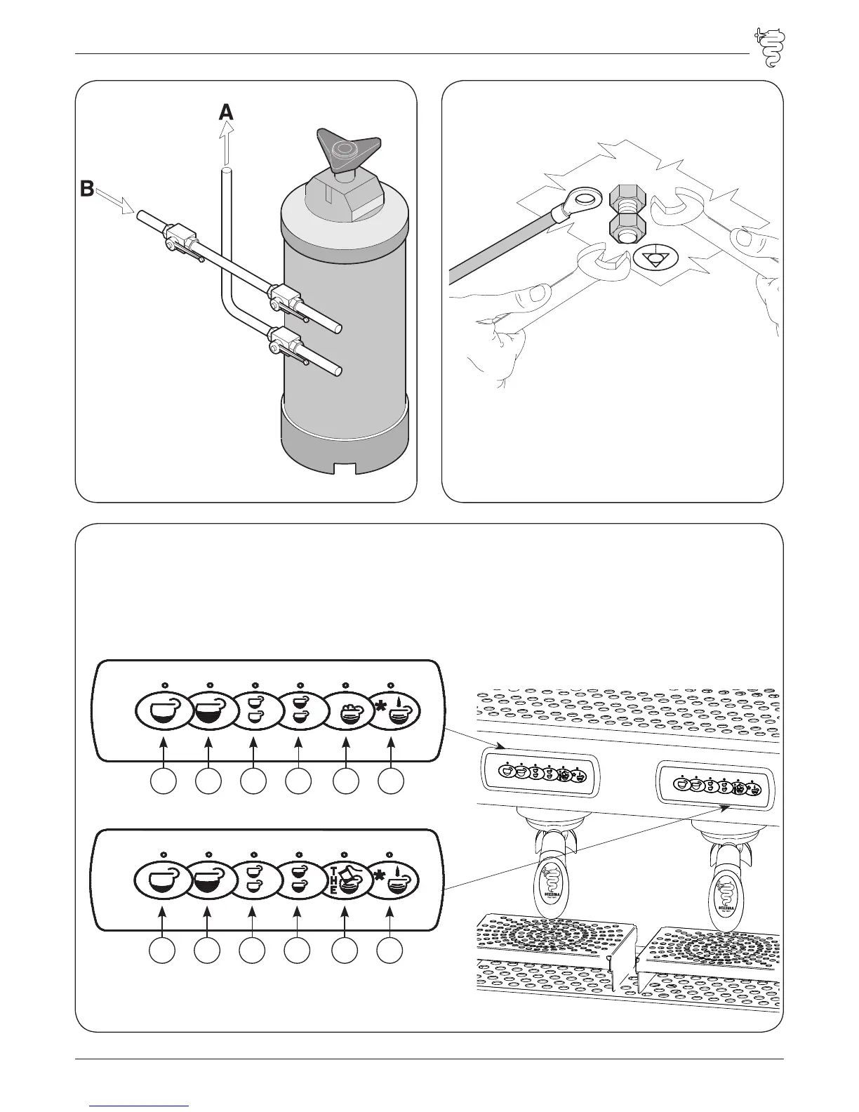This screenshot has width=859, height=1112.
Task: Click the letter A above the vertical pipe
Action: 226,112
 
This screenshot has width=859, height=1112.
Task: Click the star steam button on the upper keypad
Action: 391,710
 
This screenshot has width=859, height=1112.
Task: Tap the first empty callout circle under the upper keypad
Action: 164,783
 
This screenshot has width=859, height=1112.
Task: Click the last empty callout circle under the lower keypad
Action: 390,951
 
